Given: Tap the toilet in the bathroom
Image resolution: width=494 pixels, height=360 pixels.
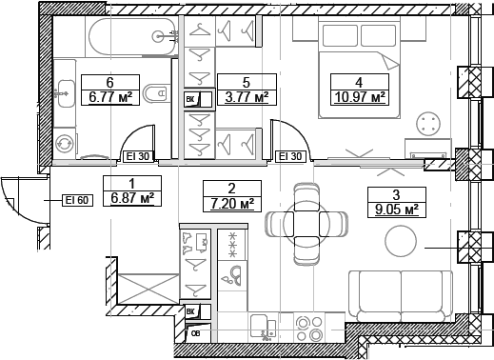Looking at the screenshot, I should (153, 96).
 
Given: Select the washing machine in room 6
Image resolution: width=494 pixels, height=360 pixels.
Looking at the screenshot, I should (65, 143).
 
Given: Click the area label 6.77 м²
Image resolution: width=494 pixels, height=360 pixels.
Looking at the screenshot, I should (109, 97).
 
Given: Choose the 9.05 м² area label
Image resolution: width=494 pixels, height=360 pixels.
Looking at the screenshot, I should (394, 209).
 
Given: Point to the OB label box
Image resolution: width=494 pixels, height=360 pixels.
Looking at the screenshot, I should (195, 333).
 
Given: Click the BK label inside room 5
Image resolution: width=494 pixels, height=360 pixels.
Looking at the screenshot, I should (190, 99).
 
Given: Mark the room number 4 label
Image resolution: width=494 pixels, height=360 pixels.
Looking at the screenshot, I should (358, 82).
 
